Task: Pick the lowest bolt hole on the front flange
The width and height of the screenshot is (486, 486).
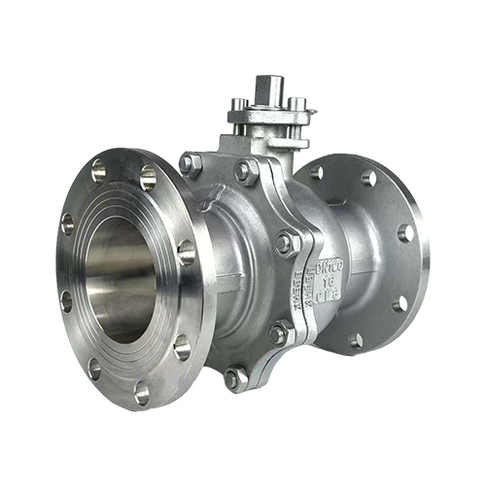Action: [142, 393]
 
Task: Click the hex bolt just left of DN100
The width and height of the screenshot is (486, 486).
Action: [284, 243]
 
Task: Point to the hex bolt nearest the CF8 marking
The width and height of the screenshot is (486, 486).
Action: [278, 333]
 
